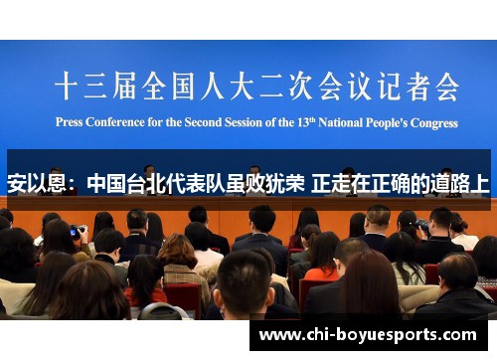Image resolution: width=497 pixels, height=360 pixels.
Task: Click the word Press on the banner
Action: tap(69, 122)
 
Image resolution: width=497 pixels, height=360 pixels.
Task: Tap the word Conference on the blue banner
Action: tap(115, 122)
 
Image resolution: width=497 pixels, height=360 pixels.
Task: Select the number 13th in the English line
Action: tap(306, 122)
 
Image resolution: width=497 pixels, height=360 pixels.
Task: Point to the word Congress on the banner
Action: tap(434, 123)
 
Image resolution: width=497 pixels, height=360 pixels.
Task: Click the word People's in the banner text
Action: tap(387, 123)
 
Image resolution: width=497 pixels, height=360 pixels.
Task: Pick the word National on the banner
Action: tap(341, 122)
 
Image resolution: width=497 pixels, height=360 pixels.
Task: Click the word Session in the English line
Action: tap(244, 122)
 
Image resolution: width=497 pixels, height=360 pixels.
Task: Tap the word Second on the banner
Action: tap(203, 122)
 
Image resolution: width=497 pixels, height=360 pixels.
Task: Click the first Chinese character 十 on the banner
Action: tap(67, 86)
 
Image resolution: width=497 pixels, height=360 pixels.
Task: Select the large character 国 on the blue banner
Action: tap(183, 86)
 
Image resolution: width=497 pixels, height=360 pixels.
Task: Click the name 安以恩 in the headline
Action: tap(37, 183)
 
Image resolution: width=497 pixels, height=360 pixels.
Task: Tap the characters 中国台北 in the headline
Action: tap(126, 183)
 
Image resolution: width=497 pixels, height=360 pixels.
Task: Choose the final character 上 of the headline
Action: tap(480, 183)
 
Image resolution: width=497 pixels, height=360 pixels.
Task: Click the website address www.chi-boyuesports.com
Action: tap(368, 335)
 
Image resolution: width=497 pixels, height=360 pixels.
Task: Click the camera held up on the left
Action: tap(79, 230)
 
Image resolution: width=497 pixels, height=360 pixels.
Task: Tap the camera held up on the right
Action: tap(422, 225)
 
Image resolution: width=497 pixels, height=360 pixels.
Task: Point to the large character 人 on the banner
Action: tap(213, 86)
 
